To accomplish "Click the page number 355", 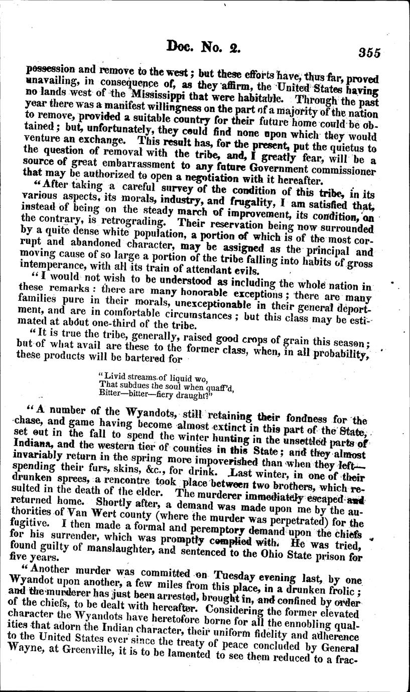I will [369, 53].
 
